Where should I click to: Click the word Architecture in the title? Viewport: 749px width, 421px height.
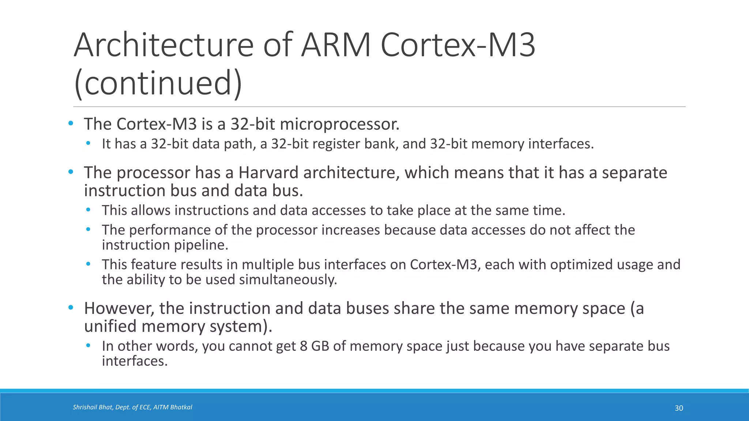[163, 45]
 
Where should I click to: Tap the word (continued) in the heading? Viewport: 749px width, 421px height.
[158, 83]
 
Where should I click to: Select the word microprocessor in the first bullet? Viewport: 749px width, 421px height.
[339, 124]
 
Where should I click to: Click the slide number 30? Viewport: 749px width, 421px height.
[679, 408]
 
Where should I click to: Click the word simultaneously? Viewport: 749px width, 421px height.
[288, 280]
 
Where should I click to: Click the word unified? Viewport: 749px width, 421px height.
[110, 326]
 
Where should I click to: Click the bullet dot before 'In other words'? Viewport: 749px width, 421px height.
[88, 345]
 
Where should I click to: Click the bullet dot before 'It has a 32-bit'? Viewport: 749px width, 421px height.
[88, 143]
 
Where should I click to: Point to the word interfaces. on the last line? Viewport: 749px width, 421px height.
[135, 361]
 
